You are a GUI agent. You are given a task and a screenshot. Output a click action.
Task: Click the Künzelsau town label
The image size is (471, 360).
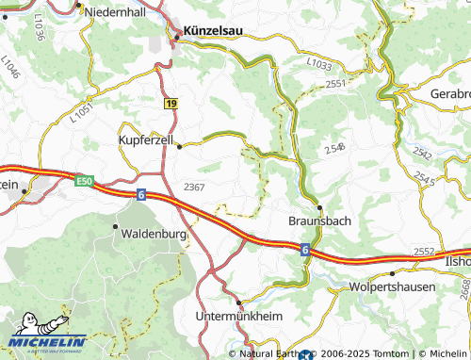[212, 30]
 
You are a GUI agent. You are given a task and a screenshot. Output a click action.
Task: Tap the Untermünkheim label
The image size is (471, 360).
[240, 316]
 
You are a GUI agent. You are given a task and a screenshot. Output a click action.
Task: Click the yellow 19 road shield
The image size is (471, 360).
[170, 103]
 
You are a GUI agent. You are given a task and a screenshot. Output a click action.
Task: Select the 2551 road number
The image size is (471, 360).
[336, 84]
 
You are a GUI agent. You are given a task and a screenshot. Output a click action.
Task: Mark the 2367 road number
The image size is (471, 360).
[195, 187]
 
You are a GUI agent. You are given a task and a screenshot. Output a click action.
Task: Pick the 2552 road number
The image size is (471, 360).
[423, 252]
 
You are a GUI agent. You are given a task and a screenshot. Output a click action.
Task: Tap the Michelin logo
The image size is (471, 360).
[47, 332]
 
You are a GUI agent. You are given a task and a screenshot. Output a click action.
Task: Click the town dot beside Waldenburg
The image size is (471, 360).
[116, 227]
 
